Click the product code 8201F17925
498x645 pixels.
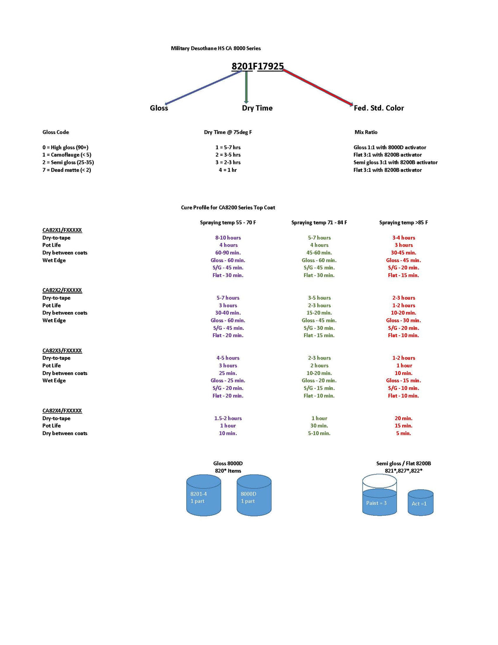pyautogui.click(x=257, y=66)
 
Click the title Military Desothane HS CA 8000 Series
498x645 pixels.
pyautogui.click(x=216, y=48)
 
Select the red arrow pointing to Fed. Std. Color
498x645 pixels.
pyautogui.click(x=318, y=88)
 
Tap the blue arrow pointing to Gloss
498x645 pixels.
pyautogui.click(x=204, y=88)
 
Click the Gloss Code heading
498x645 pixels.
pyautogui.click(x=55, y=132)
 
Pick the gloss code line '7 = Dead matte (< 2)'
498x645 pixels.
pyautogui.click(x=67, y=170)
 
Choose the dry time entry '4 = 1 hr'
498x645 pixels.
pyautogui.click(x=228, y=170)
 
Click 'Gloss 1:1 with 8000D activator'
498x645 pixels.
pyautogui.click(x=390, y=148)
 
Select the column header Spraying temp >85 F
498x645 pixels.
pyautogui.click(x=403, y=223)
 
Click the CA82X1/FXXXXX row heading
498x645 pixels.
pyautogui.click(x=62, y=230)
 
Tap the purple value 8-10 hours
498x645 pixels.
pyautogui.click(x=228, y=238)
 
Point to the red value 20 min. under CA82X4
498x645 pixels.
pyautogui.click(x=403, y=418)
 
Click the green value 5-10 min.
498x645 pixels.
pyautogui.click(x=319, y=433)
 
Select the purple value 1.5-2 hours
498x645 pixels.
pyautogui.click(x=228, y=418)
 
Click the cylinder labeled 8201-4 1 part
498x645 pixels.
pyautogui.click(x=204, y=495)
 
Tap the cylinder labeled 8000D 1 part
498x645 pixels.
pyautogui.click(x=254, y=495)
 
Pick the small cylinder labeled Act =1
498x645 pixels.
pyautogui.click(x=421, y=502)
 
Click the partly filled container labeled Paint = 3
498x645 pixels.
pyautogui.click(x=379, y=495)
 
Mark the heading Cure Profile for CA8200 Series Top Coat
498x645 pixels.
pyautogui.click(x=228, y=207)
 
